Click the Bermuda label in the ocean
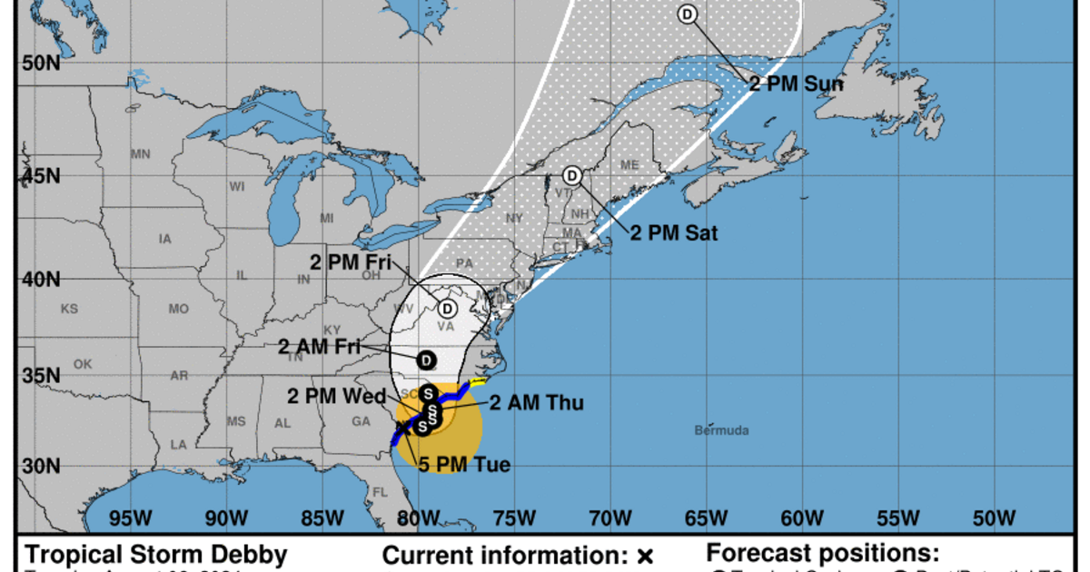pyautogui.click(x=723, y=429)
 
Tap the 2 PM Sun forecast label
pyautogui.click(x=796, y=84)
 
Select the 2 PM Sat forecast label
pyautogui.click(x=674, y=233)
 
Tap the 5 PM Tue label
pyautogui.click(x=464, y=465)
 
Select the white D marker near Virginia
pyautogui.click(x=448, y=308)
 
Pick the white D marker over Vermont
pyautogui.click(x=572, y=175)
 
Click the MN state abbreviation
pyautogui.click(x=140, y=154)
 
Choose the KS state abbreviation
pyautogui.click(x=69, y=309)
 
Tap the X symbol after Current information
pyautogui.click(x=646, y=555)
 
